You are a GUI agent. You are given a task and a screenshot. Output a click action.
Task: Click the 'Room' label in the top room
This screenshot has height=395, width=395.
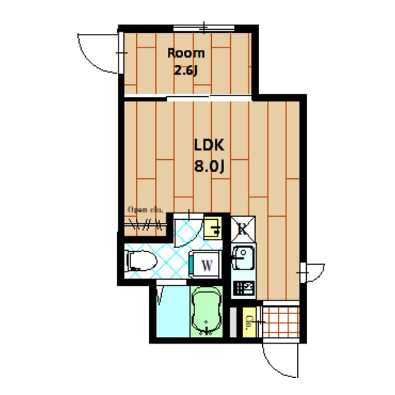(x=186, y=52)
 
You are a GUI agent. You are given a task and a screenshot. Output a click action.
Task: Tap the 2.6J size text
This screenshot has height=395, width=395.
(x=186, y=70)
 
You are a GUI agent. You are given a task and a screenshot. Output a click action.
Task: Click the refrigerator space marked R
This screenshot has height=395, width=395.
(x=243, y=228)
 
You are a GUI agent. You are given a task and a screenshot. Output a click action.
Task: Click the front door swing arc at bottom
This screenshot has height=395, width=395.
(x=279, y=361)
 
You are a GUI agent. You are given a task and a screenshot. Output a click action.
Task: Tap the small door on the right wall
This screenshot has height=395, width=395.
(x=312, y=271)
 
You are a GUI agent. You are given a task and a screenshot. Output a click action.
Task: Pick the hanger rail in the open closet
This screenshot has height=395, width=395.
(x=146, y=224)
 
